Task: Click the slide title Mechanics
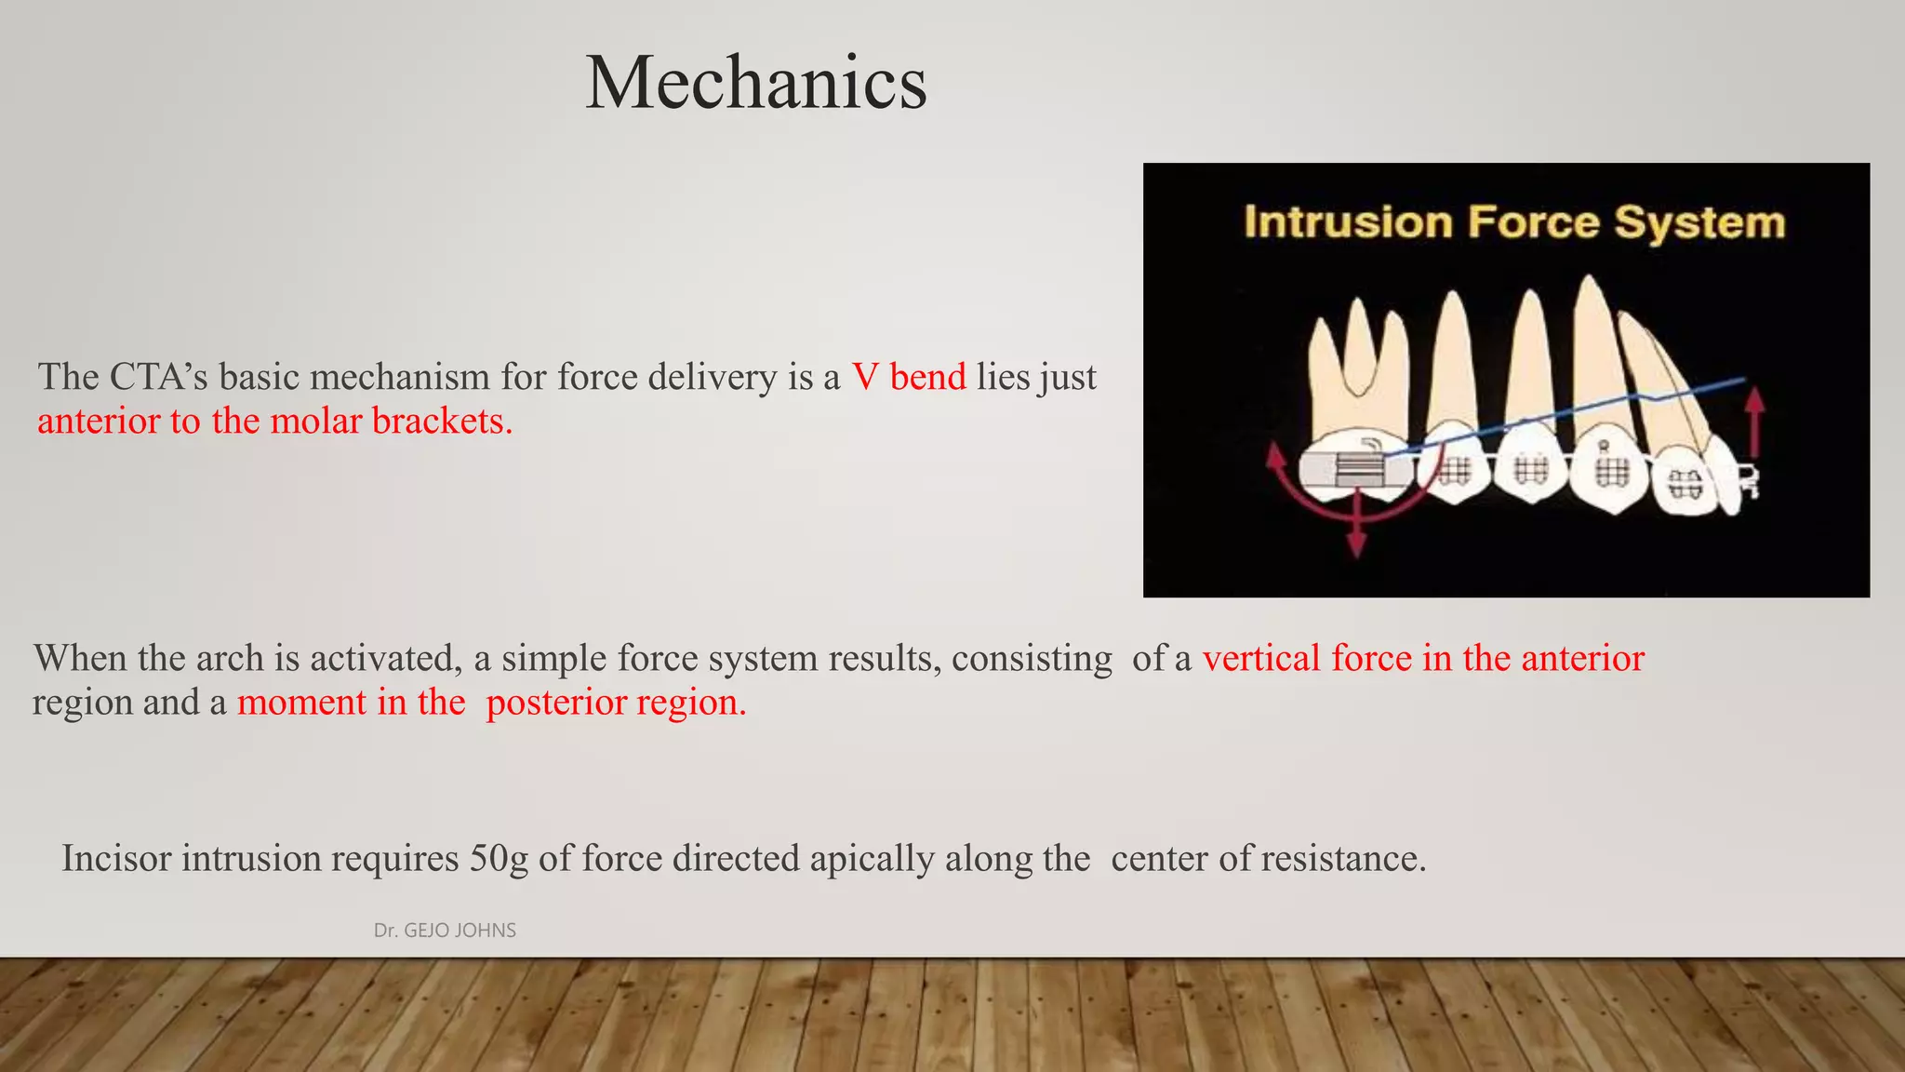coord(755,84)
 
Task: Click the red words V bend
coord(909,378)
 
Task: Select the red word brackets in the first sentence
coord(442,422)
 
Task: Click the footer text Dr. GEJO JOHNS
coord(445,931)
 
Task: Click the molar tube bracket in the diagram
coord(1359,468)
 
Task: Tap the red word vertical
coord(1261,659)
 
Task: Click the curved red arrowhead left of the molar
coord(1276,458)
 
